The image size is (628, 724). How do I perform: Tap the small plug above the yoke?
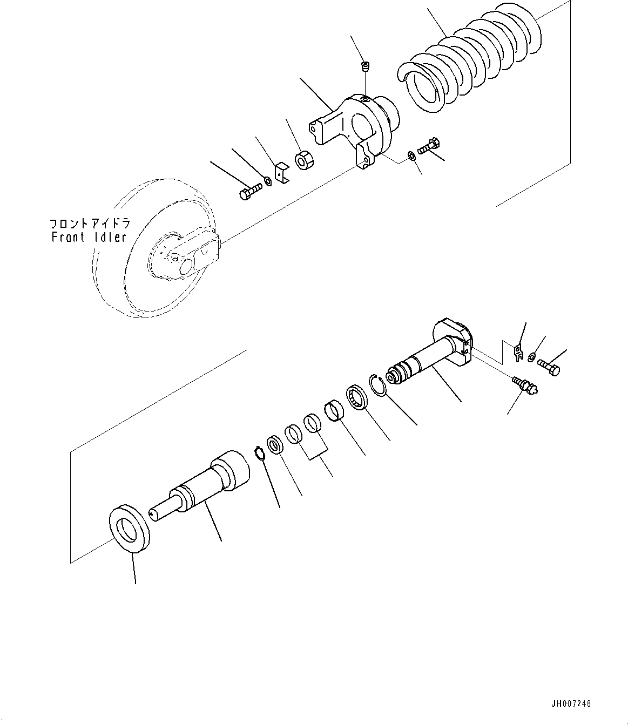coord(365,67)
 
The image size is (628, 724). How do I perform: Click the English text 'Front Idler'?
coord(89,237)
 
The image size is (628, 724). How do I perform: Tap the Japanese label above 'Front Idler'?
coord(89,224)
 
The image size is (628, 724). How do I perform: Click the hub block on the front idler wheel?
coord(186,258)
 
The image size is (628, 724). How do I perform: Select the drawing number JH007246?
coord(571,704)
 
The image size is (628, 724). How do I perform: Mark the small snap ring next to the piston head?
coord(260,452)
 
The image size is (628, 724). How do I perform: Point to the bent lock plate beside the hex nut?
coord(281,174)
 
